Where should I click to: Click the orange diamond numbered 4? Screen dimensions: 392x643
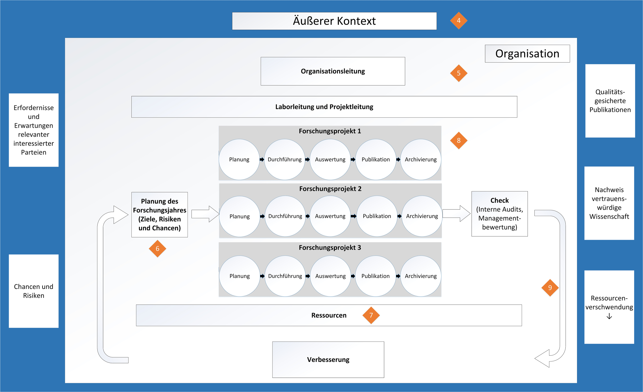point(459,21)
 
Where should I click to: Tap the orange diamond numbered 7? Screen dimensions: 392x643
point(371,315)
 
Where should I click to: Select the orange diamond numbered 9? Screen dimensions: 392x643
point(550,288)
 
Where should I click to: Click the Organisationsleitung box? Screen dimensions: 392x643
point(333,71)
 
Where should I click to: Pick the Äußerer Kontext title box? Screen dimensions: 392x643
point(334,21)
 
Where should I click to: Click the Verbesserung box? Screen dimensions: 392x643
point(328,359)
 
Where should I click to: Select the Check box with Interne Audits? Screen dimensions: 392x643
point(499,214)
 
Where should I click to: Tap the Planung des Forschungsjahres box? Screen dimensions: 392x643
point(160,215)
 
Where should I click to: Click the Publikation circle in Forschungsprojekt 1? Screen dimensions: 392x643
point(376,159)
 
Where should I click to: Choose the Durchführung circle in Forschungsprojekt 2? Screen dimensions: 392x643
point(285,216)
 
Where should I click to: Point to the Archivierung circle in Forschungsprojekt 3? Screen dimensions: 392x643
point(421,276)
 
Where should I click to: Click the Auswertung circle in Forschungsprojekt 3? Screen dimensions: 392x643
point(330,276)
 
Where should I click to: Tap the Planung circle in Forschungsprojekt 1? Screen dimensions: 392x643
point(239,159)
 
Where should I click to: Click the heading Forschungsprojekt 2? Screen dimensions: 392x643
point(330,189)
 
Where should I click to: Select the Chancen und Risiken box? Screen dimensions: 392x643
point(33,291)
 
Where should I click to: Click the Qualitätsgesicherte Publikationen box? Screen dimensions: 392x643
point(610,101)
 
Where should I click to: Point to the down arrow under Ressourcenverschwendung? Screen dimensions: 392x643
point(609,317)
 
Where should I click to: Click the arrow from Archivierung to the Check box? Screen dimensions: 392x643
point(457,214)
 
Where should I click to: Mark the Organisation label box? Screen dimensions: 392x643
point(527,54)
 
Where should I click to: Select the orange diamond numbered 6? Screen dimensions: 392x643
point(157,249)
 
